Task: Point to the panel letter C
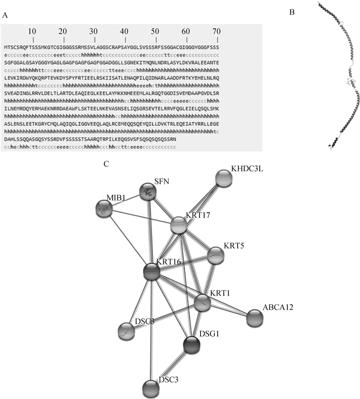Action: [x=106, y=164]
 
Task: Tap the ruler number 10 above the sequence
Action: [x=32, y=31]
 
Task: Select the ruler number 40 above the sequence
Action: [x=124, y=31]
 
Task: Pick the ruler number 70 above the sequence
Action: [x=217, y=31]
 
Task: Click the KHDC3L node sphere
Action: [x=224, y=179]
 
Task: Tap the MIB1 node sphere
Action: [x=105, y=209]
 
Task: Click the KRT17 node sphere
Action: [x=178, y=225]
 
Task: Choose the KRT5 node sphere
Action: [x=215, y=255]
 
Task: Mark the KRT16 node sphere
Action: [x=152, y=272]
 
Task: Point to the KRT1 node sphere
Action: [x=203, y=303]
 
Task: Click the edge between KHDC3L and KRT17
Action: [x=201, y=202]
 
